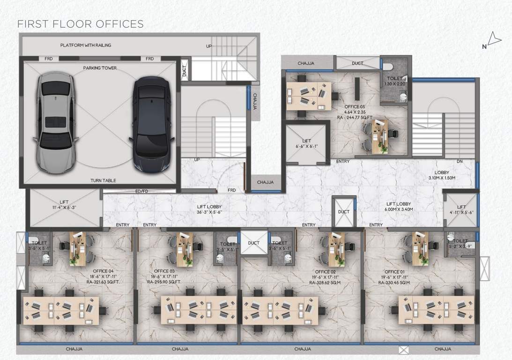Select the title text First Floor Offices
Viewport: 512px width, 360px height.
(x=80, y=24)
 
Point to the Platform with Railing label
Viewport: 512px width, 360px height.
(x=86, y=45)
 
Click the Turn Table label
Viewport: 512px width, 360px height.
(x=103, y=180)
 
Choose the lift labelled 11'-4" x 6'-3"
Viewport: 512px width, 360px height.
(x=64, y=205)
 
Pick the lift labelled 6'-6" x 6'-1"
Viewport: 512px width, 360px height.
(x=306, y=143)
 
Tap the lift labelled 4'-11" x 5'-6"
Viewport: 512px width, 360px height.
(x=461, y=210)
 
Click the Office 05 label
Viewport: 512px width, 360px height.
(x=355, y=106)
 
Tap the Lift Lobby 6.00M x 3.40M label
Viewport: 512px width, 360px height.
(x=399, y=207)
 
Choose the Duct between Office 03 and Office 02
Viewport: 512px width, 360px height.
(x=254, y=243)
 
